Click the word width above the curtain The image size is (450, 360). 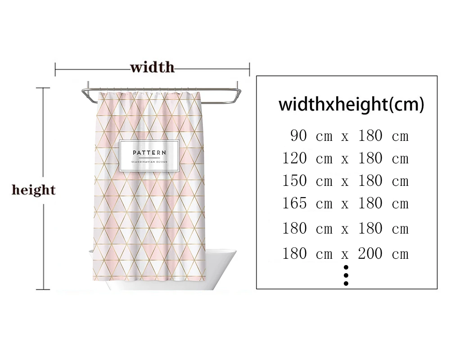tap(152, 68)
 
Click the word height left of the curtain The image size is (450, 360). tap(33, 190)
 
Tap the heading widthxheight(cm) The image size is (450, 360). tap(351, 104)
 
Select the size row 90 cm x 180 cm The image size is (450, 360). tap(349, 135)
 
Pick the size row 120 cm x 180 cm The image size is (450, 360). tap(346, 158)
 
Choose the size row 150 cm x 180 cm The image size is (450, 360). tap(346, 181)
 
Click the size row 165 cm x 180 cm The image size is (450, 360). tap(346, 203)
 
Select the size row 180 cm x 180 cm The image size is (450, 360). tap(346, 229)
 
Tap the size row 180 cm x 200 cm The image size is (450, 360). tap(346, 254)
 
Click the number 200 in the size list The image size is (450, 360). tap(370, 254)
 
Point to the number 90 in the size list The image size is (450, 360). tap(299, 135)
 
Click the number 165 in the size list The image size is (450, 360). tap(295, 203)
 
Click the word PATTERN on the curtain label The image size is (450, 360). tap(149, 153)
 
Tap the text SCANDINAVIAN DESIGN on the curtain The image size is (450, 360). tap(149, 161)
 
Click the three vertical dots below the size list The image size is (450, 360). tap(346, 275)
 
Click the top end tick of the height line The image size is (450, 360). tap(43, 88)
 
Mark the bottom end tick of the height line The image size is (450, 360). tap(43, 289)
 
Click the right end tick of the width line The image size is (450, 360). tap(249, 69)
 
